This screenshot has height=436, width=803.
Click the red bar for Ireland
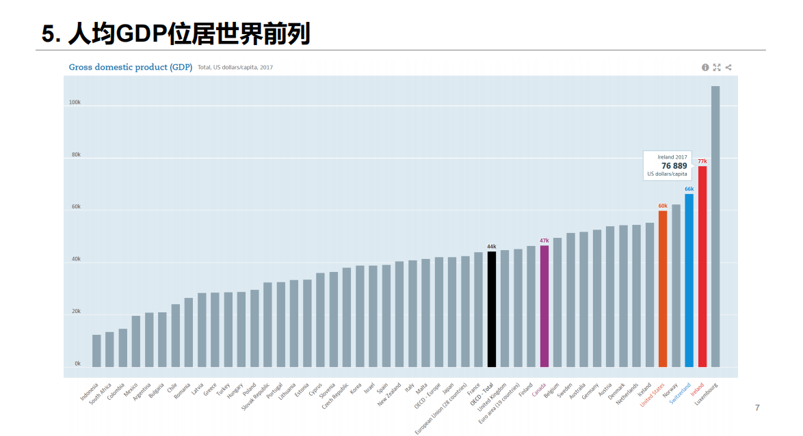click(x=702, y=267)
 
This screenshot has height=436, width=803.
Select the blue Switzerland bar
click(x=689, y=280)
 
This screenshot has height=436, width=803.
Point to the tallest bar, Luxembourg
click(x=715, y=226)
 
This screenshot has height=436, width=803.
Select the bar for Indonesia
click(x=96, y=351)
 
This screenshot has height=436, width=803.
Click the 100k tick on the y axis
click(x=75, y=103)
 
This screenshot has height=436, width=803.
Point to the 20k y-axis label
click(x=75, y=312)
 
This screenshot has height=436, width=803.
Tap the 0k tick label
click(x=77, y=364)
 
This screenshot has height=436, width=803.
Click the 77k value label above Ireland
click(x=702, y=161)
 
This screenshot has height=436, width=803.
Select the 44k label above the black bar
click(x=492, y=247)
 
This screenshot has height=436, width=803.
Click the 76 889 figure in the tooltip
click(x=674, y=166)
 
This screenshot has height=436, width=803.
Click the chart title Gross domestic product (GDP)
click(x=130, y=67)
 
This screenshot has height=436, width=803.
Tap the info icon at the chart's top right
click(x=705, y=67)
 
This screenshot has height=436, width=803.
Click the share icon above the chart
click(x=728, y=67)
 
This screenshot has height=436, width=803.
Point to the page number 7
click(x=757, y=408)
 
